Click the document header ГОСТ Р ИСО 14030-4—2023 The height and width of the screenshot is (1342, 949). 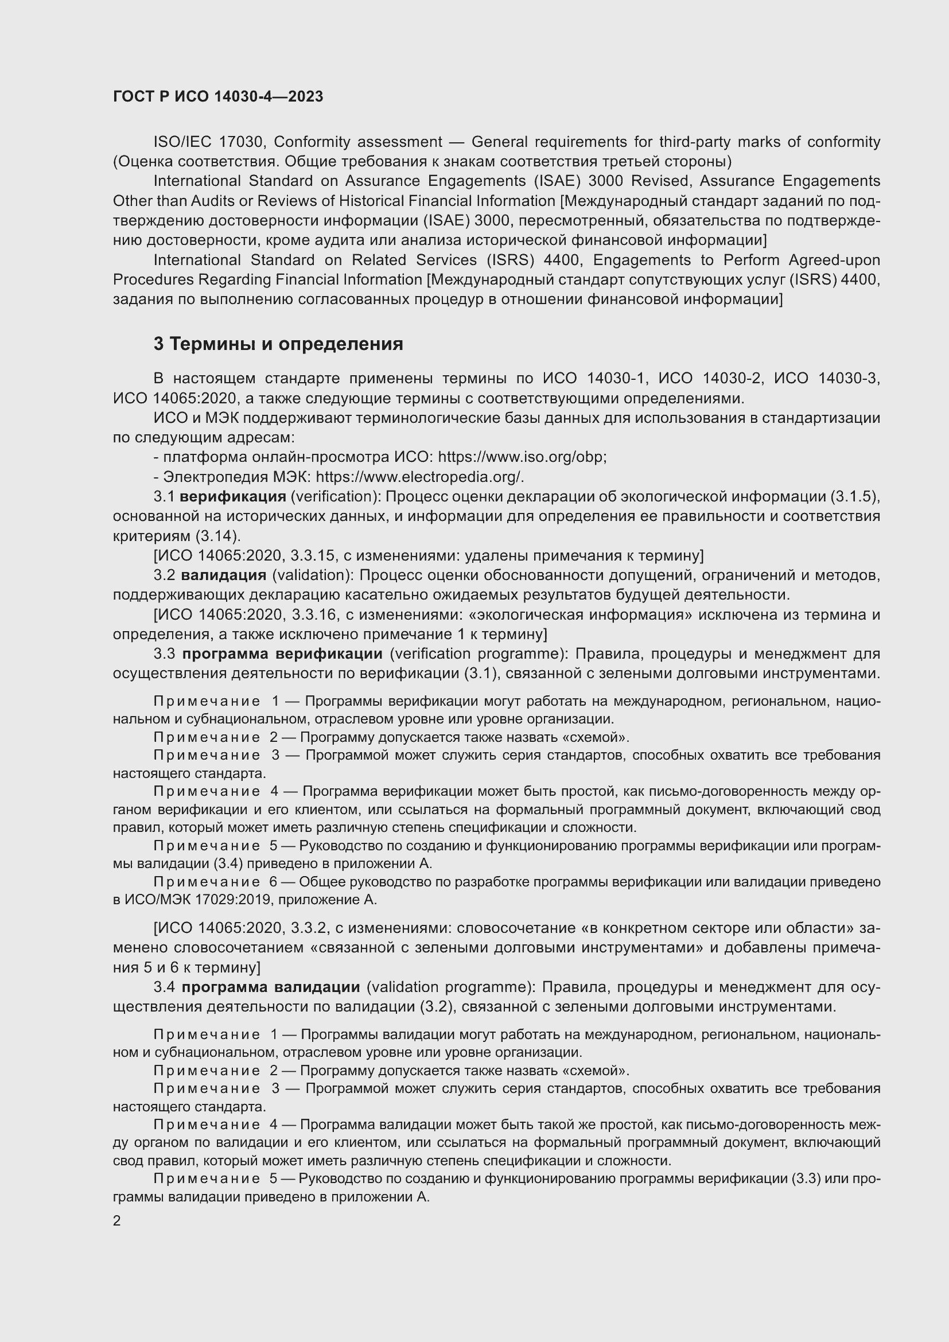pos(218,97)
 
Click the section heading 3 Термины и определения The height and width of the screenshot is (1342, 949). pos(278,344)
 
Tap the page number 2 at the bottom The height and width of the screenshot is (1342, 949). pos(117,1221)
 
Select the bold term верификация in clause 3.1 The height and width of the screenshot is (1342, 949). pos(232,497)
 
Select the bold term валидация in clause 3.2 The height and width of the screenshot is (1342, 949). pos(223,575)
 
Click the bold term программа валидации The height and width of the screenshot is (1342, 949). pos(270,987)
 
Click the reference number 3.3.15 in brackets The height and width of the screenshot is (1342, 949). pos(314,555)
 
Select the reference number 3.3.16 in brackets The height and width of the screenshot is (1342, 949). pos(314,615)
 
